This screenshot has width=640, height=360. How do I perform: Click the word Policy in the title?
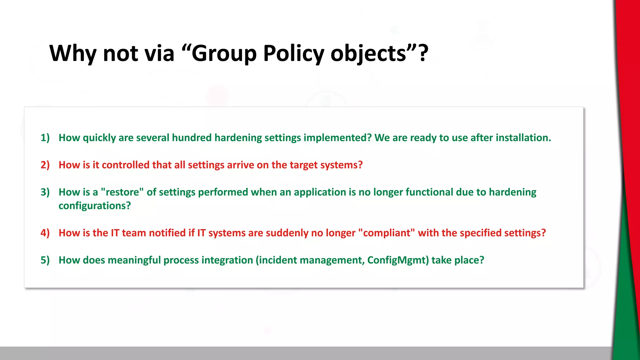[x=293, y=53]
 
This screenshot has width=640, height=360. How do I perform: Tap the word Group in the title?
[x=224, y=53]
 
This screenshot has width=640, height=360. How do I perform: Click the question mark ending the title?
[x=423, y=53]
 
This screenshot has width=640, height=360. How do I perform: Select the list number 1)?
[x=45, y=138]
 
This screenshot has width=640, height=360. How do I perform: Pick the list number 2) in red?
[x=45, y=165]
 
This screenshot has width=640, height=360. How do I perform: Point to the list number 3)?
[x=45, y=192]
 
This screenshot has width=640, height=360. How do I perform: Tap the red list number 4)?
[x=45, y=233]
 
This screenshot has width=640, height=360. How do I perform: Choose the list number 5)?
[x=45, y=260]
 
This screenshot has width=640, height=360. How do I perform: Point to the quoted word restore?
[x=122, y=192]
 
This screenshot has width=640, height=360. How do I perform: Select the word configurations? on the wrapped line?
[x=95, y=206]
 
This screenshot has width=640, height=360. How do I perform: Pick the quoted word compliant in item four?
[x=387, y=233]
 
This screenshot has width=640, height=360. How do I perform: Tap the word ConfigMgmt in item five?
[x=398, y=260]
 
